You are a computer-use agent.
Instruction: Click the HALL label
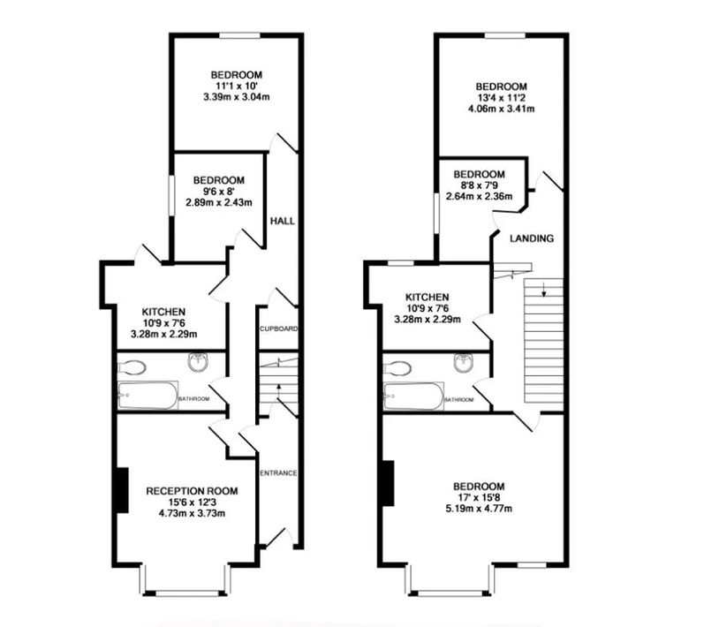[x=282, y=221]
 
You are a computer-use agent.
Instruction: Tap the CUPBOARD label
[x=278, y=329]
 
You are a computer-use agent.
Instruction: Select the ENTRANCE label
[x=277, y=473]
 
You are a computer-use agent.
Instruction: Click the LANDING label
[x=532, y=238]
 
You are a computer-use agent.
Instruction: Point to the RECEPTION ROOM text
[x=192, y=491]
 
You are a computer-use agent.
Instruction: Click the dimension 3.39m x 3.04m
[x=236, y=96]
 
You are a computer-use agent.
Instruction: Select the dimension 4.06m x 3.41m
[x=502, y=109]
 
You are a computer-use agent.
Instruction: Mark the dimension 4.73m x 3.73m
[x=192, y=512]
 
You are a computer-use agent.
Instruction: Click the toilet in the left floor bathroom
[x=134, y=367]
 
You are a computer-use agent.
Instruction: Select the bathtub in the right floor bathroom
[x=413, y=397]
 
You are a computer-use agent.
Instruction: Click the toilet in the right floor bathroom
[x=399, y=367]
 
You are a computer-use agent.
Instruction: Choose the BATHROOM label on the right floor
[x=458, y=400]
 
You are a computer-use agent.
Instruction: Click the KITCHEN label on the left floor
[x=163, y=312]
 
